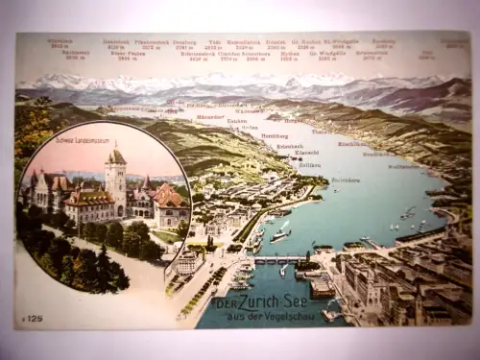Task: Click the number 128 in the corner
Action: pyautogui.click(x=34, y=318)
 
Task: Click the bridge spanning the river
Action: pyautogui.click(x=278, y=259)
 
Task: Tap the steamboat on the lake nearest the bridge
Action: pyautogui.click(x=280, y=234)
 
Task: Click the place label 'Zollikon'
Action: pyautogui.click(x=310, y=165)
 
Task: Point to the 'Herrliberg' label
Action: pyautogui.click(x=275, y=135)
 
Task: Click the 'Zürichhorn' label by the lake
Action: pyautogui.click(x=346, y=180)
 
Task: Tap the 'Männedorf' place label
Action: pyautogui.click(x=210, y=116)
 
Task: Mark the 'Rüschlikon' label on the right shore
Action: pyautogui.click(x=352, y=144)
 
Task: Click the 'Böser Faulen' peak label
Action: pyautogui.click(x=127, y=54)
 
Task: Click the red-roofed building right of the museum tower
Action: pyautogui.click(x=169, y=198)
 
